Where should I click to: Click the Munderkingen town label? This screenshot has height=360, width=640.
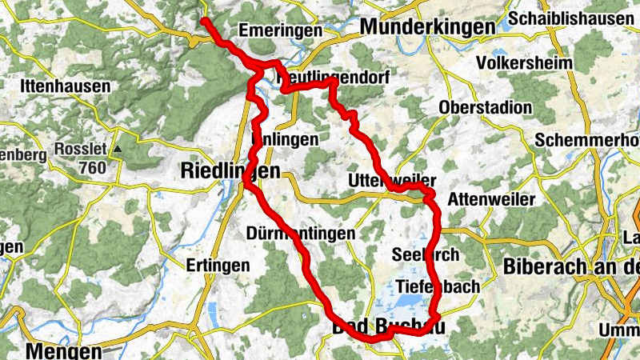428,27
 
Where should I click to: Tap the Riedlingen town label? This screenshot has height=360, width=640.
231,170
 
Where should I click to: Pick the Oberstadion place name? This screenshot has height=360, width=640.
486,108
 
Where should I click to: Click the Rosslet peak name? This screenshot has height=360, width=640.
80,149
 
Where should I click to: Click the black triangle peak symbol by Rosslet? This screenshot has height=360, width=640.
118,149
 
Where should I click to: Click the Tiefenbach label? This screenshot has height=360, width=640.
438,286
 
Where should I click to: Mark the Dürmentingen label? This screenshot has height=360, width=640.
301,234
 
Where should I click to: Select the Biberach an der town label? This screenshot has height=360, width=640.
571,266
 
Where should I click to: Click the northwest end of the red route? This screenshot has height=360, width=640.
205,21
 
